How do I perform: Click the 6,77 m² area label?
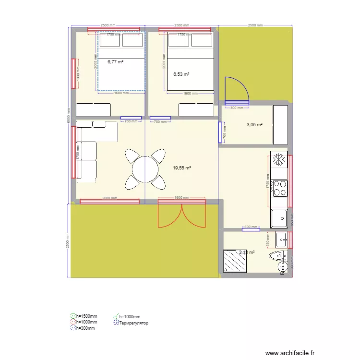pyautogui.click(x=115, y=62)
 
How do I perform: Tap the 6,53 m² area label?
pyautogui.click(x=181, y=74)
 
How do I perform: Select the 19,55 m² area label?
pyautogui.click(x=182, y=168)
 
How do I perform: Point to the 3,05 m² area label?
pyautogui.click(x=254, y=125)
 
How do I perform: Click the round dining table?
pyautogui.click(x=145, y=169)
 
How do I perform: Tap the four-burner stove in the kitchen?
pyautogui.click(x=279, y=188)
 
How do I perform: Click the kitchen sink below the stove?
pyautogui.click(x=279, y=219)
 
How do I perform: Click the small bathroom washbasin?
pyautogui.click(x=281, y=239)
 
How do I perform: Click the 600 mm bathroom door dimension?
pyautogui.click(x=251, y=227)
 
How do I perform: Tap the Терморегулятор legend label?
pyautogui.click(x=133, y=323)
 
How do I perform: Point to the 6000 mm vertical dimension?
pyautogui.click(x=69, y=115)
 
